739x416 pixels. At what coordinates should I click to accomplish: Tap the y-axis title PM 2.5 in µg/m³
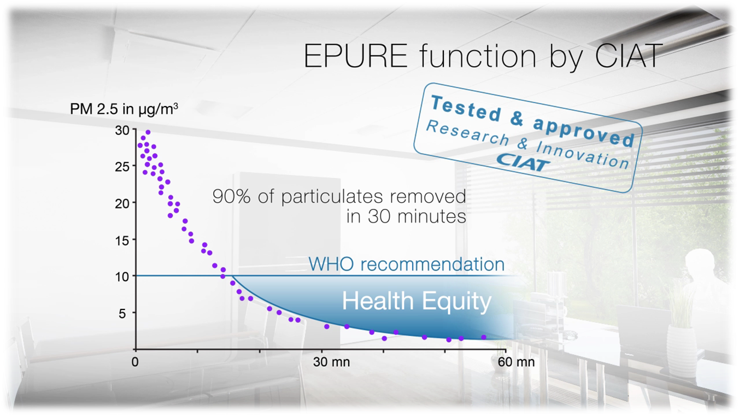124,109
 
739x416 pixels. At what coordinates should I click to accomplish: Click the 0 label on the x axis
136,362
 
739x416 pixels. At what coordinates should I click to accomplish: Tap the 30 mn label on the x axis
332,362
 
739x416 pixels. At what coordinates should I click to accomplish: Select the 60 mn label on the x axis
517,362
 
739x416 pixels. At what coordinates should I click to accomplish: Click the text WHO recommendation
406,265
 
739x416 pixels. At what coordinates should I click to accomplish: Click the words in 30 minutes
406,216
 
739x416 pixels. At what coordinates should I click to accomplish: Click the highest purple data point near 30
148,132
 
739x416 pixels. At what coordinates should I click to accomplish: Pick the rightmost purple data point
484,337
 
